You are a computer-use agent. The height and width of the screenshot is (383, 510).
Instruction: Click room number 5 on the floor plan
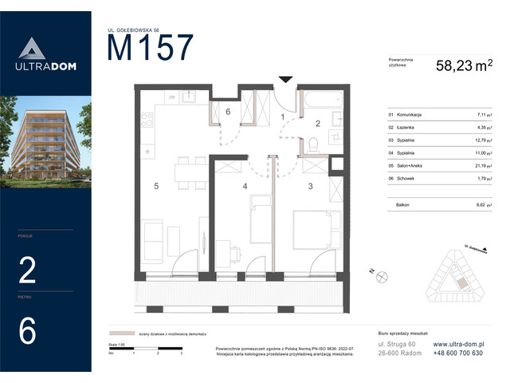158,186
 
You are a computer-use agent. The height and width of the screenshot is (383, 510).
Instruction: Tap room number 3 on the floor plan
309,186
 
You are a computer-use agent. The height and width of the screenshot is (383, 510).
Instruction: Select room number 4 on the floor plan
245,186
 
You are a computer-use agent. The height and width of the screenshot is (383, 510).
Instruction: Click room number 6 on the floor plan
228,112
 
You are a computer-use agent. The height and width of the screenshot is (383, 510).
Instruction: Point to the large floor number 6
28,330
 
